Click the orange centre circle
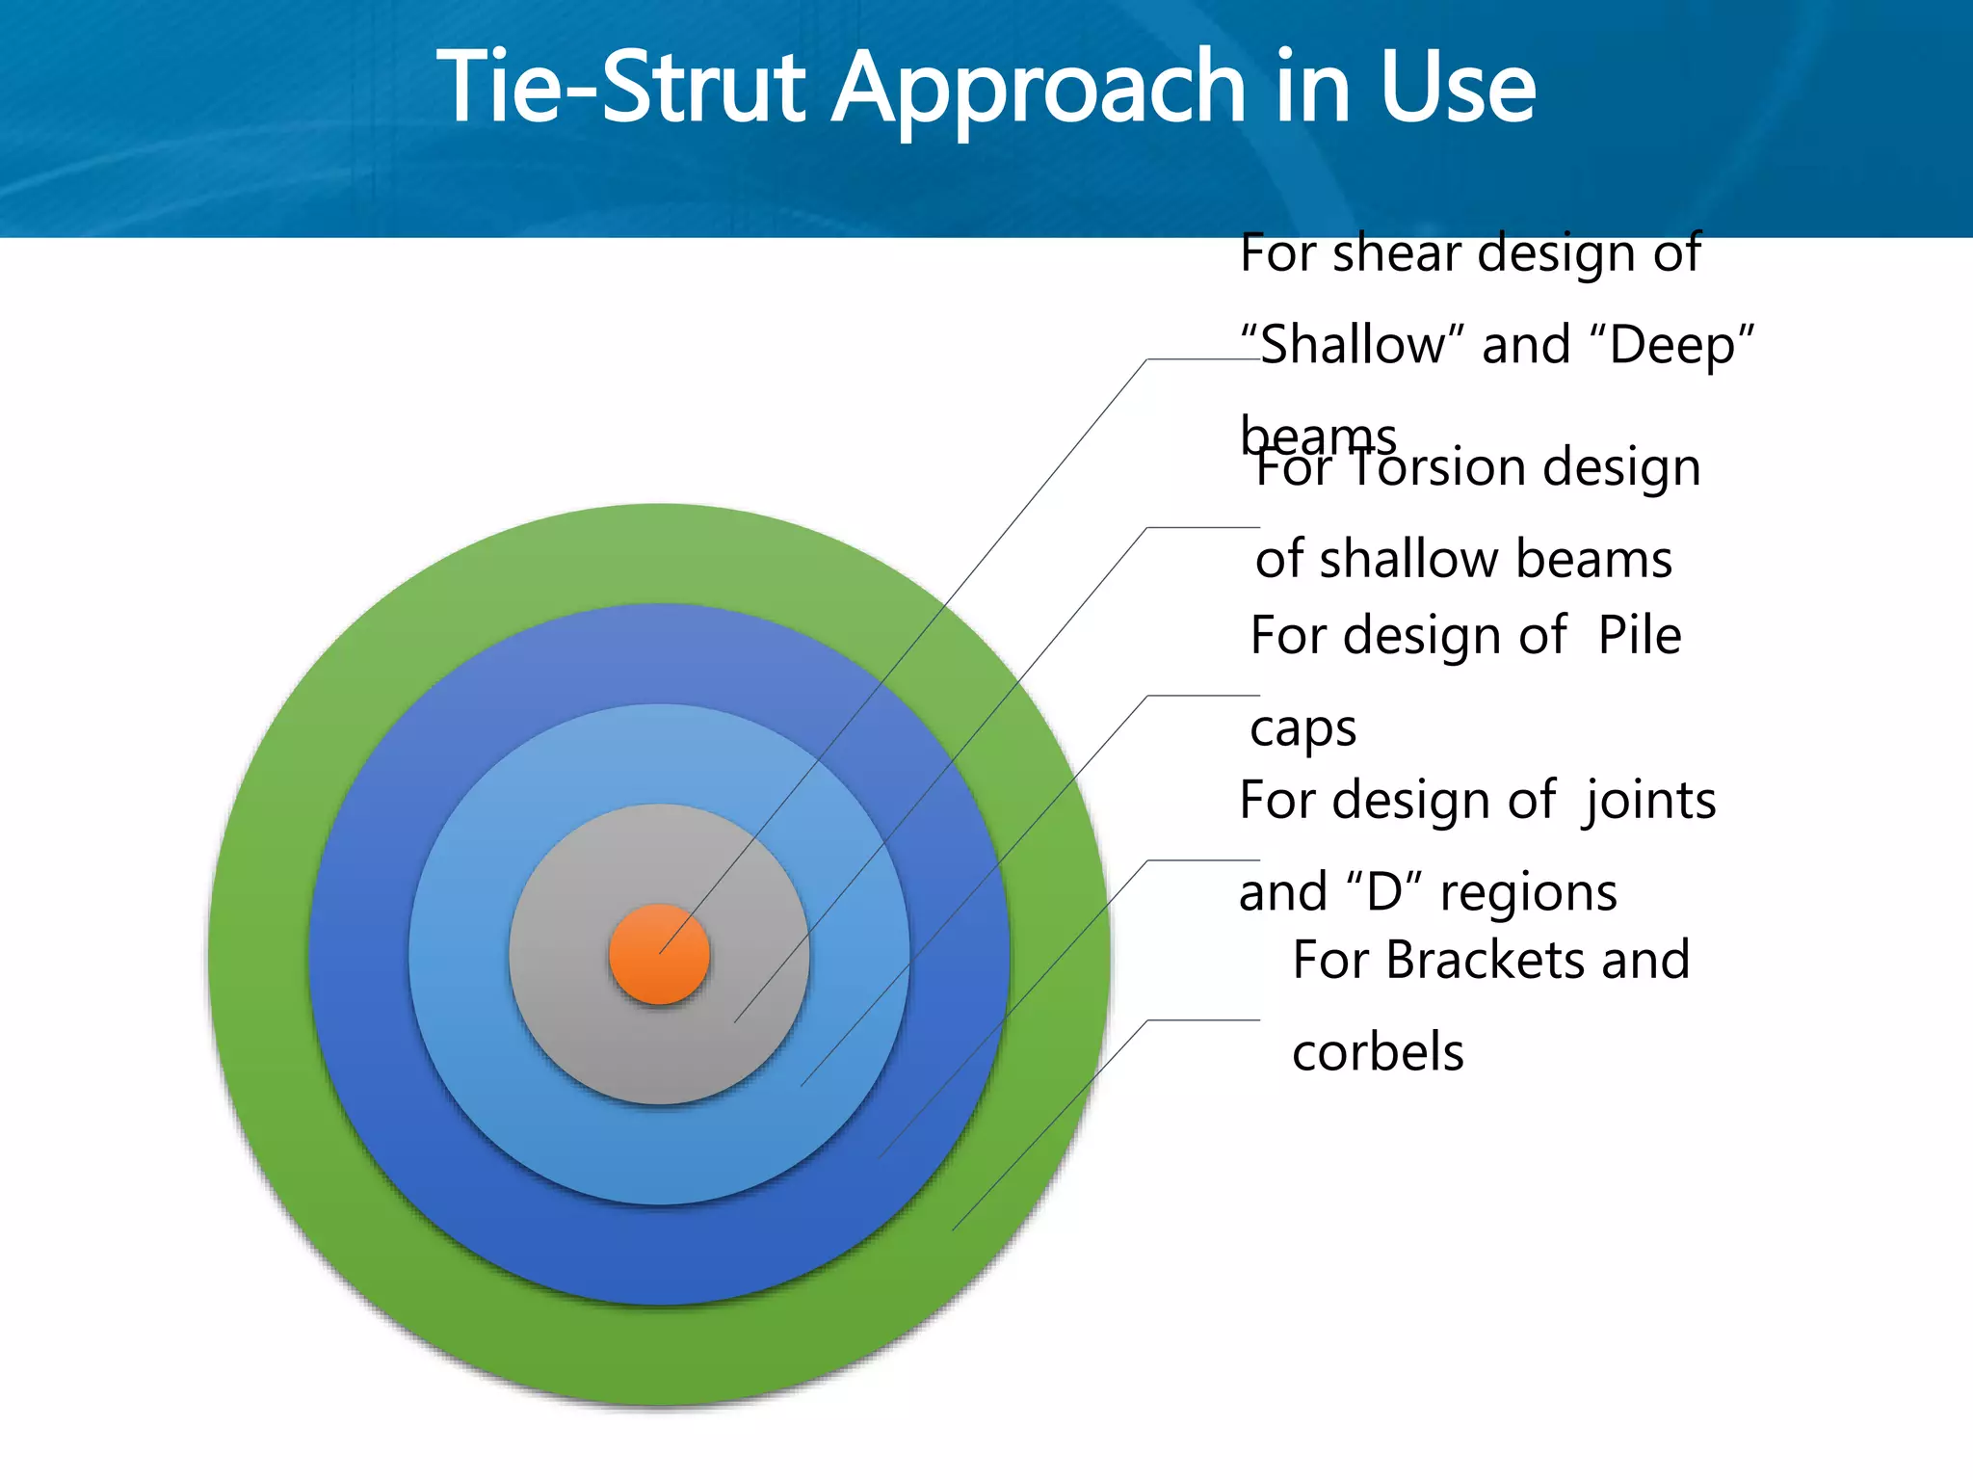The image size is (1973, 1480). (x=659, y=954)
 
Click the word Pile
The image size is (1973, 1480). (x=1639, y=635)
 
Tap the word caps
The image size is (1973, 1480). (x=1302, y=728)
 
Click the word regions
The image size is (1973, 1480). (x=1528, y=892)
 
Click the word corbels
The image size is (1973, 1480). (x=1378, y=1051)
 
